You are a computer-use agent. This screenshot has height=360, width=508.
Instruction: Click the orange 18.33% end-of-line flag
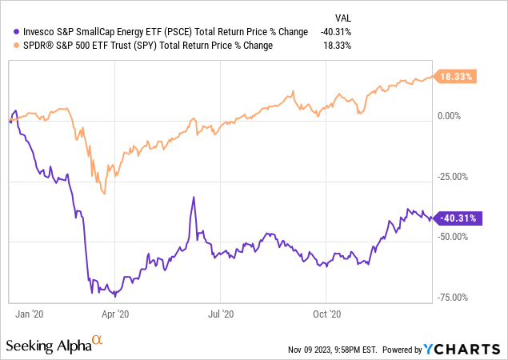[x=456, y=77]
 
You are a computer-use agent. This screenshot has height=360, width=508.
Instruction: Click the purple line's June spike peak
[x=193, y=198]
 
